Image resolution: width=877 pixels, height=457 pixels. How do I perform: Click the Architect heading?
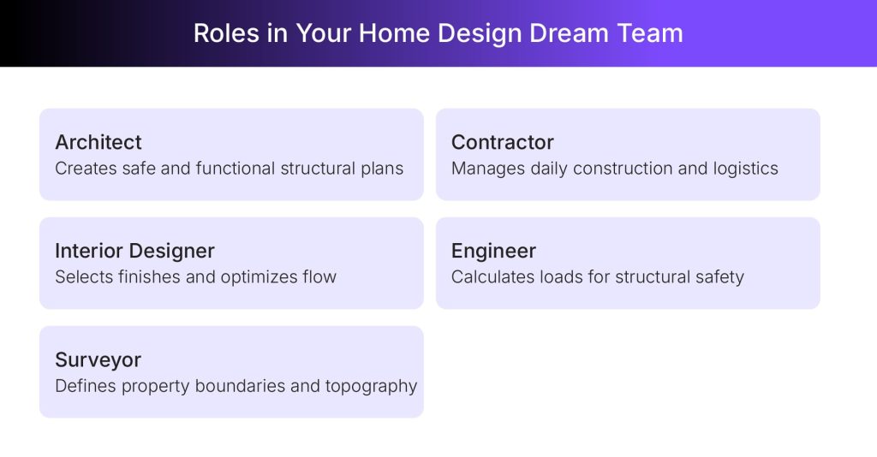(98, 142)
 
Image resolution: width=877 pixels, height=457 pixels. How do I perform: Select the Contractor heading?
(503, 142)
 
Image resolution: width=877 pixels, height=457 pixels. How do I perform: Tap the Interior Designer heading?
(134, 251)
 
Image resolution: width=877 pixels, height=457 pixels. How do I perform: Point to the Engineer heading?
(493, 251)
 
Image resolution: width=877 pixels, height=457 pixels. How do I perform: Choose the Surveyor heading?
(98, 359)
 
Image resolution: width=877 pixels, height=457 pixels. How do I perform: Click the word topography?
(371, 386)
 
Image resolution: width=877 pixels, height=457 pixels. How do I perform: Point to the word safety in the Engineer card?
(719, 277)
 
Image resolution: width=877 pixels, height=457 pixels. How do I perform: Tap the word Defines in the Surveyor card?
(85, 386)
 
